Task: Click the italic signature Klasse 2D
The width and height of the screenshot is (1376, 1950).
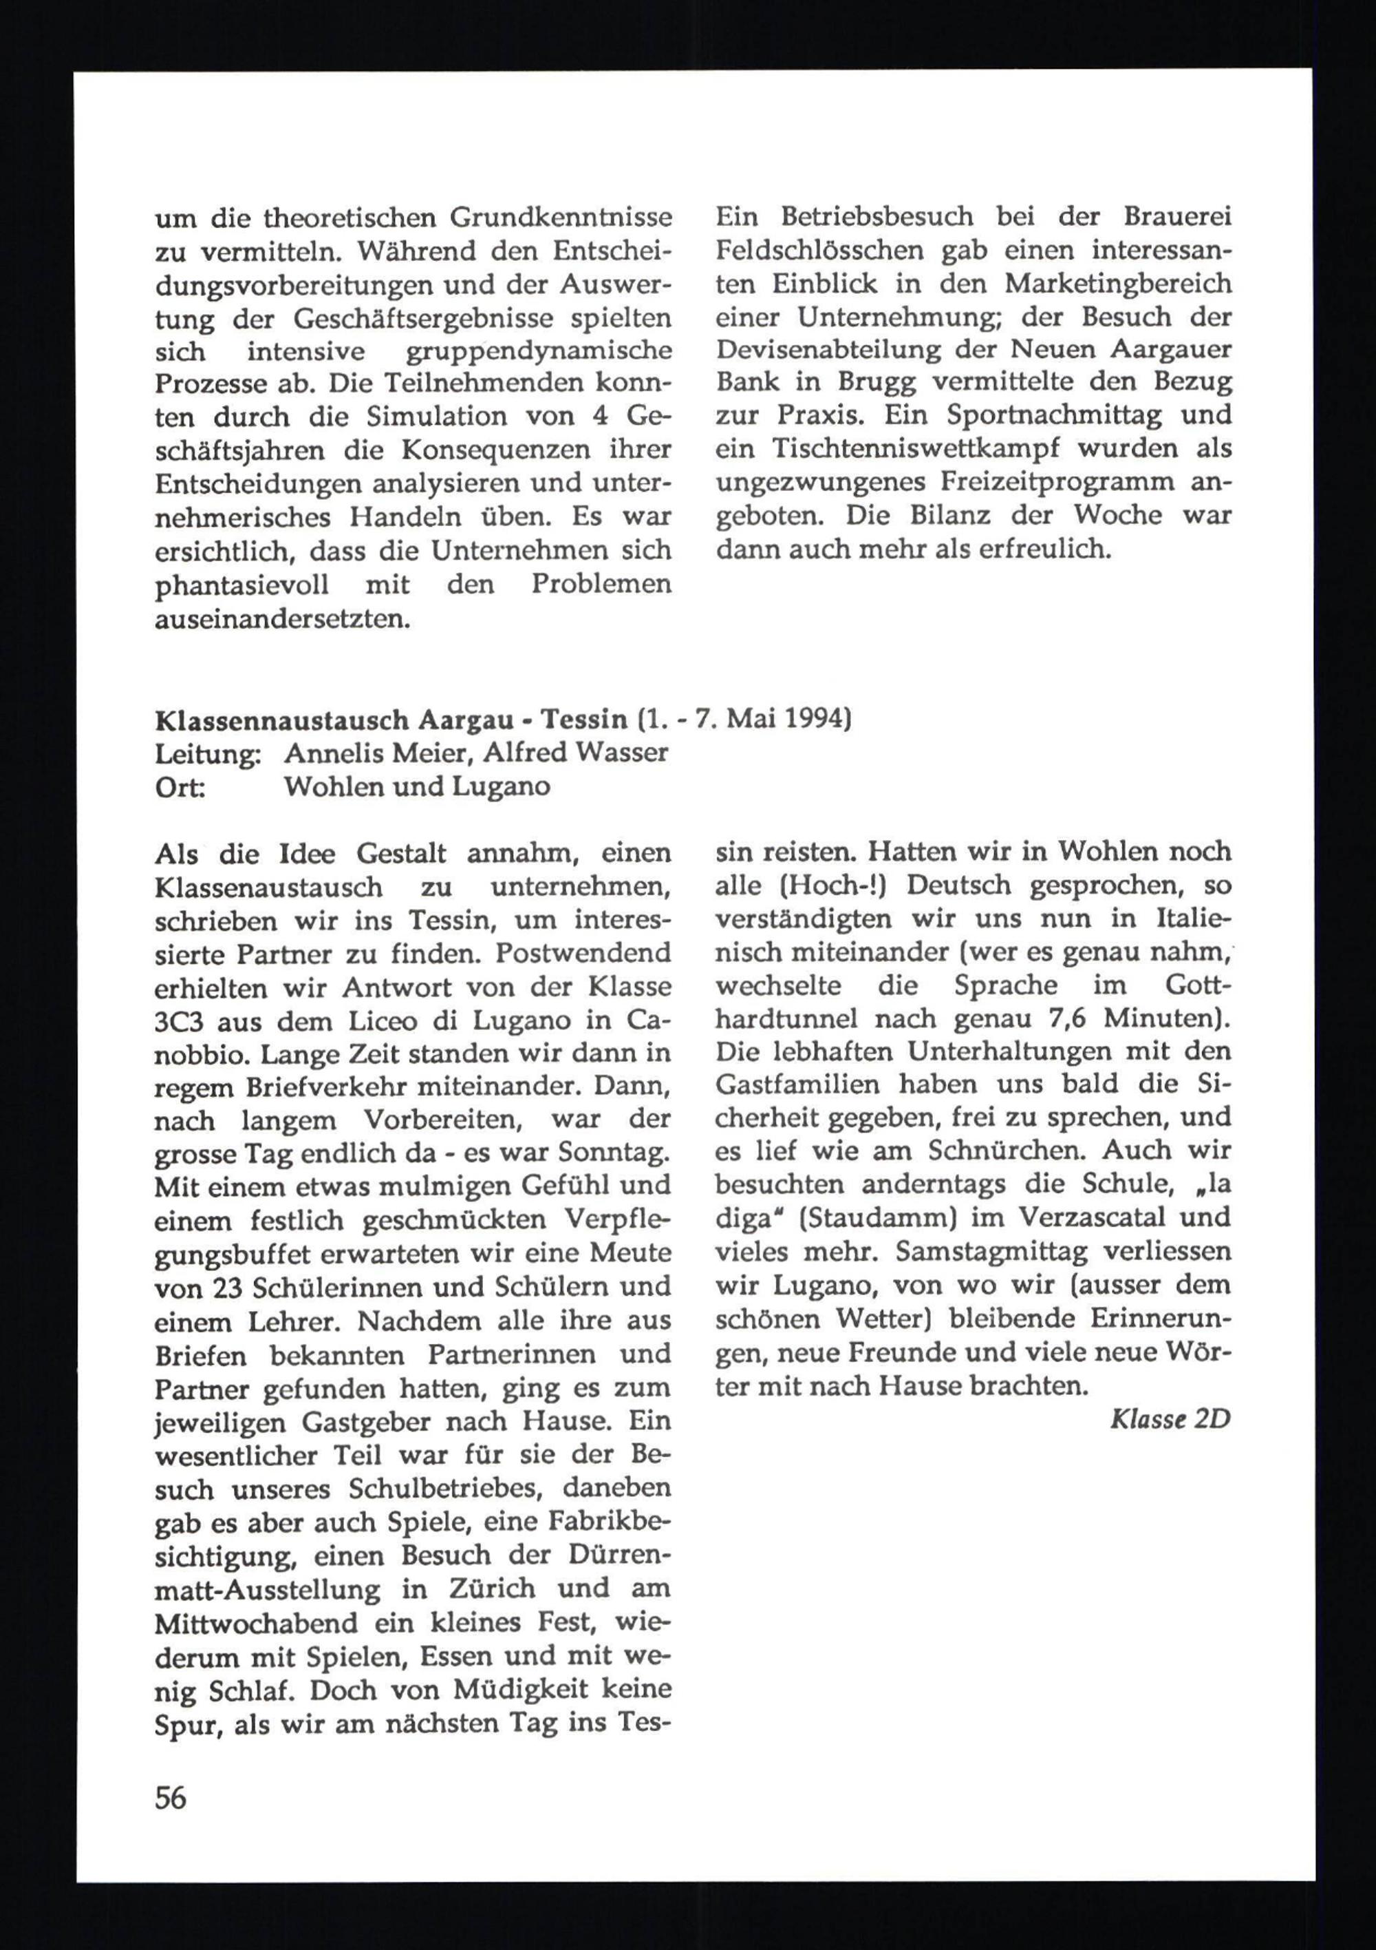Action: pos(1170,1419)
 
